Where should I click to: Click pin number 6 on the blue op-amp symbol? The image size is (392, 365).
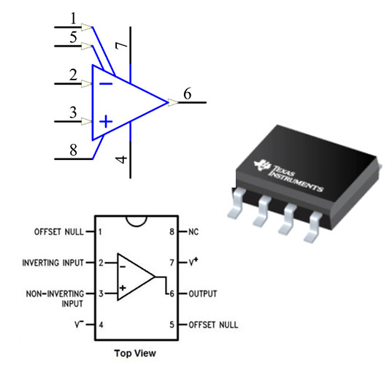click(188, 93)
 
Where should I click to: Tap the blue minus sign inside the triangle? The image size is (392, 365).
click(106, 83)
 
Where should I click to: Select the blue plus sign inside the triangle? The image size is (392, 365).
click(107, 121)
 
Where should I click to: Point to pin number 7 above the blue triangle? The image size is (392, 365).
click(122, 46)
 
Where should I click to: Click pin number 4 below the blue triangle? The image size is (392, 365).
click(122, 159)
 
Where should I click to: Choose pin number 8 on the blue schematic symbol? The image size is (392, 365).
click(73, 151)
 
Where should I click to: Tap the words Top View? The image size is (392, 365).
click(134, 353)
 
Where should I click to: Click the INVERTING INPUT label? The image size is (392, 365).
click(53, 262)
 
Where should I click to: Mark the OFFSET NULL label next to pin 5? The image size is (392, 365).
click(213, 325)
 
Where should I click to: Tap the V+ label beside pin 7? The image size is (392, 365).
click(194, 261)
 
